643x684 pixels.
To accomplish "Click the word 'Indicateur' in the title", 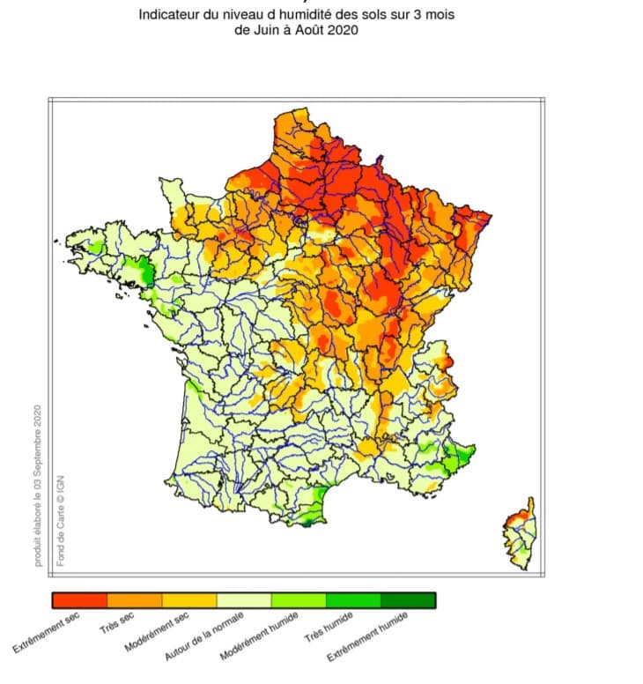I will click(169, 15).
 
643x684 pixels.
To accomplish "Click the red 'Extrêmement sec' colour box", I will click(79, 600).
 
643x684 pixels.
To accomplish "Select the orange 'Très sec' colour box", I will click(134, 600).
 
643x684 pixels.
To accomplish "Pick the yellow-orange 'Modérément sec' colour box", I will click(188, 600).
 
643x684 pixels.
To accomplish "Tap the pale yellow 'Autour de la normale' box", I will click(243, 600).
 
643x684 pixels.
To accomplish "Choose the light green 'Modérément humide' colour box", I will click(298, 600).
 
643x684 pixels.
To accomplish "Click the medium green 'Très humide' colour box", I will click(352, 600).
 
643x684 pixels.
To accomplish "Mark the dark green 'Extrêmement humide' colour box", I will click(407, 600).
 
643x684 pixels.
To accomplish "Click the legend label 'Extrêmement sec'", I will click(46, 635).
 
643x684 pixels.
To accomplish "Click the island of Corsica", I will click(521, 533).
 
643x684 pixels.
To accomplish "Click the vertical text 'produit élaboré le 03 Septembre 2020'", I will click(38, 485).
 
